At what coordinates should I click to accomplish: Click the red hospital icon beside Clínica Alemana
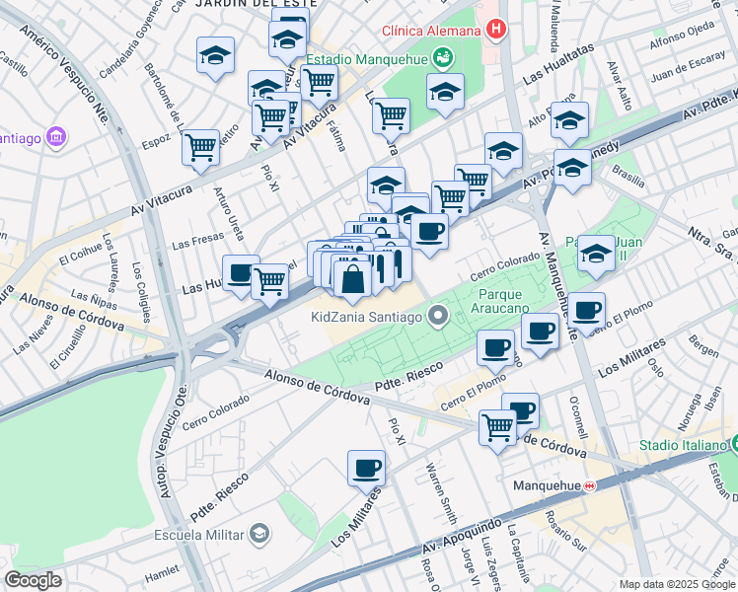tap(495, 30)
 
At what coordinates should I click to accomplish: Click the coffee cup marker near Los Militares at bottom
tap(366, 468)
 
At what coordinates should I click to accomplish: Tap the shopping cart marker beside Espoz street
tap(201, 147)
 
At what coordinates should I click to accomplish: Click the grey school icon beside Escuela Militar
tap(258, 534)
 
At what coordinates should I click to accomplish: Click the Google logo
tap(34, 580)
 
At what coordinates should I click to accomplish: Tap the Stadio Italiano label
tap(681, 446)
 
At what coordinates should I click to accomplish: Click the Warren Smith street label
tap(440, 493)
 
